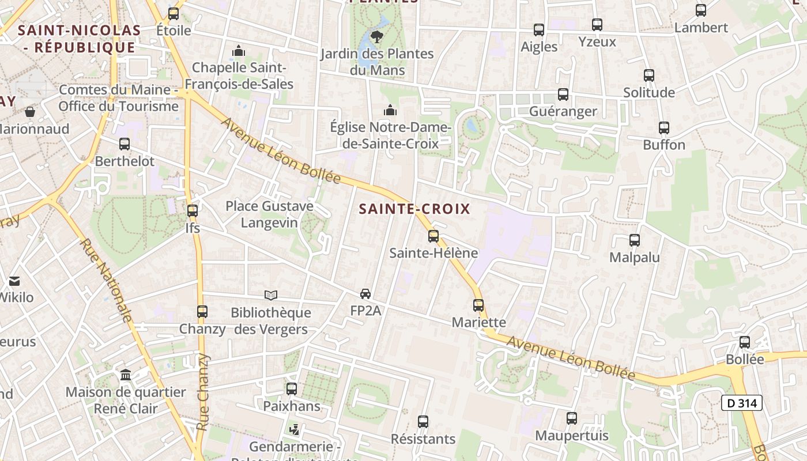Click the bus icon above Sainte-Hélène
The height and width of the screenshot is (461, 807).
click(x=433, y=236)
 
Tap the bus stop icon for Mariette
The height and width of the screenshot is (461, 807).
click(x=478, y=305)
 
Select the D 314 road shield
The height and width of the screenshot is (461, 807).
click(x=741, y=403)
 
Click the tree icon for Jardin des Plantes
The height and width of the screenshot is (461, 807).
click(x=377, y=37)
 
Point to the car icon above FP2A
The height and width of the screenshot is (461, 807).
click(x=365, y=294)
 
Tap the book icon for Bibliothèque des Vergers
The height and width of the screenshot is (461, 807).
click(x=271, y=296)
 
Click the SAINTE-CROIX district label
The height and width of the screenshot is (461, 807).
click(x=414, y=209)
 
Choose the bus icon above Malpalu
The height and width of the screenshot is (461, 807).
click(x=635, y=240)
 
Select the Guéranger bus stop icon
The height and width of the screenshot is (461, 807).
click(x=563, y=95)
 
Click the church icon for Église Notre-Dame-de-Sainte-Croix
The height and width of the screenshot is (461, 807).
click(x=390, y=109)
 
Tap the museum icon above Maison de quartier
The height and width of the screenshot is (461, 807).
click(x=126, y=375)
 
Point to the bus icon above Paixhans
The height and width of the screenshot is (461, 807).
click(x=292, y=389)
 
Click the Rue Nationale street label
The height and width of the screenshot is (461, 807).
click(x=106, y=280)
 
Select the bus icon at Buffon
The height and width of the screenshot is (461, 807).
click(x=664, y=128)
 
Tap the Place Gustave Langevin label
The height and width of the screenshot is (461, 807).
click(x=269, y=214)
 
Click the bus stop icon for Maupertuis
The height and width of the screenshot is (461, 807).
click(x=572, y=418)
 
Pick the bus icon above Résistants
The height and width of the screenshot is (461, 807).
click(x=423, y=422)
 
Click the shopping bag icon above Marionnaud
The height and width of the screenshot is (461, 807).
click(x=29, y=111)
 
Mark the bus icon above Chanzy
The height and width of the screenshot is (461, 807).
click(x=202, y=312)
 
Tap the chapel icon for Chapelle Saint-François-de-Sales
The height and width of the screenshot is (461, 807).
click(x=239, y=51)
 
